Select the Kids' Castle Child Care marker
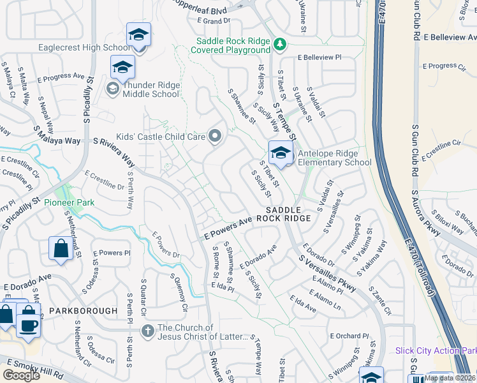215,135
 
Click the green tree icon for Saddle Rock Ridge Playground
279,44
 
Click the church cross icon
147,330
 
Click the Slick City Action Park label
436,350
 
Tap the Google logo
22,375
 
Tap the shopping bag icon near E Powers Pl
61,248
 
